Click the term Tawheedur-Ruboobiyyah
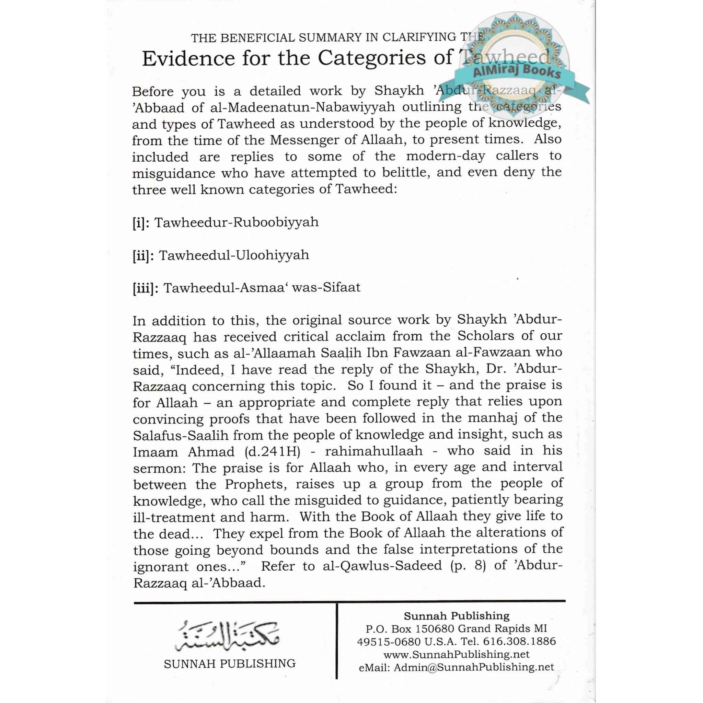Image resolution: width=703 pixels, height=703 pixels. tap(237, 222)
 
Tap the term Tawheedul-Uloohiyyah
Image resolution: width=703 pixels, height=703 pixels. tap(234, 255)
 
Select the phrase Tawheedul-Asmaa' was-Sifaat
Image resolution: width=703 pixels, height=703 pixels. tap(262, 288)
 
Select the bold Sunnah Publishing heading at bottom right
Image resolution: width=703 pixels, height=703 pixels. tap(457, 616)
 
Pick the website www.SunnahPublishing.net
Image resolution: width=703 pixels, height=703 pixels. tap(456, 654)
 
